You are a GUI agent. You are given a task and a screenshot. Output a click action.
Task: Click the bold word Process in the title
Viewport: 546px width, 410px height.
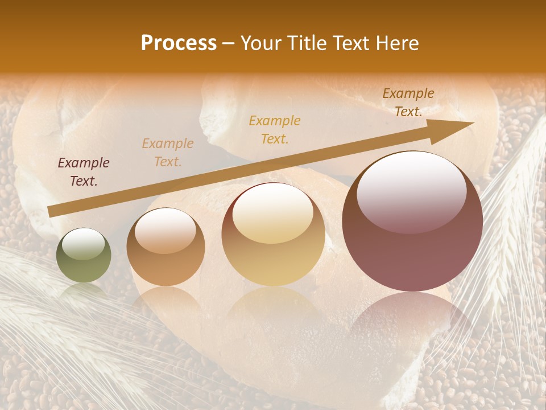point(179,43)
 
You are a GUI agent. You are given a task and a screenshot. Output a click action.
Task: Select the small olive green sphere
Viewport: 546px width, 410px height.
point(84,256)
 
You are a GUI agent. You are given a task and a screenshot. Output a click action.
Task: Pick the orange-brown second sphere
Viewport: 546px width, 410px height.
point(166,247)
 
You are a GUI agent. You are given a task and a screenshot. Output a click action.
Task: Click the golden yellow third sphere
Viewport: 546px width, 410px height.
point(273,235)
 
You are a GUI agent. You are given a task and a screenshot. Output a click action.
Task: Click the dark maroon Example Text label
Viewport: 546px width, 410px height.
point(84,172)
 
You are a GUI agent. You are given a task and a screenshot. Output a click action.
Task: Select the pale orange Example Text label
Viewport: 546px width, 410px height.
point(168,153)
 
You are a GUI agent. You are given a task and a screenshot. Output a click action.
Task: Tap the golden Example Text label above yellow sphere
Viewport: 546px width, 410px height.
point(275,129)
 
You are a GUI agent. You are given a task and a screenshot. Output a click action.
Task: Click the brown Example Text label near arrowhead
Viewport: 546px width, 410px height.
point(408,102)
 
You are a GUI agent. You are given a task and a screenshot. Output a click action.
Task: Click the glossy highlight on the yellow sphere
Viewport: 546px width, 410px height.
point(272,213)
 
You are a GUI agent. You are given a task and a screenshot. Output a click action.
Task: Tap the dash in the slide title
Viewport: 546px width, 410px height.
point(228,43)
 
